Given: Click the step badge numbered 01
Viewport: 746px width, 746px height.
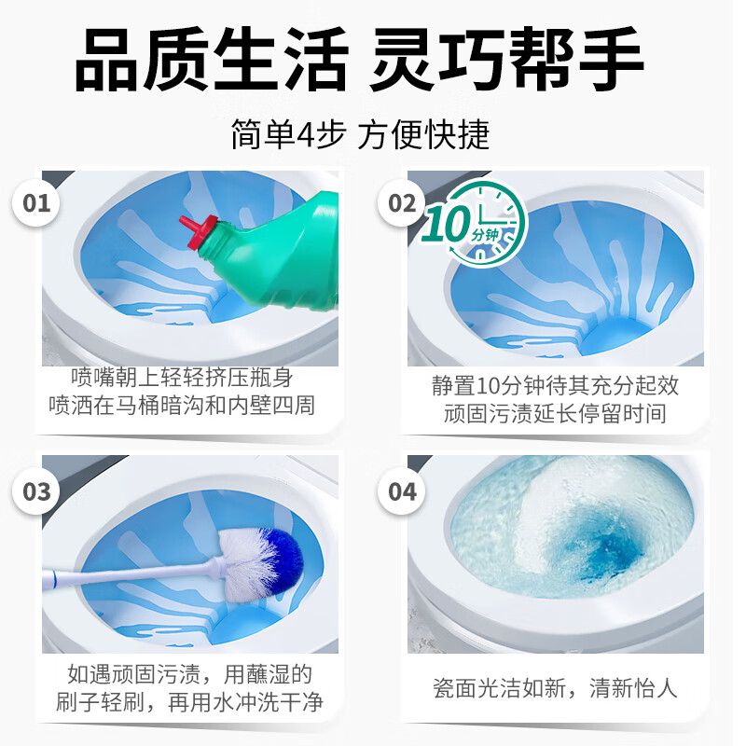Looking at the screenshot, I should pos(36,202).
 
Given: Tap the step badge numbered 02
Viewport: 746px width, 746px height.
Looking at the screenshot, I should pos(402,202).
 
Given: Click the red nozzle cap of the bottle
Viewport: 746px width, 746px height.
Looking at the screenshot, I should pos(199,229).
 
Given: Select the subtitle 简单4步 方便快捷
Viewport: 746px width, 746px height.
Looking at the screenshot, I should pos(360,135).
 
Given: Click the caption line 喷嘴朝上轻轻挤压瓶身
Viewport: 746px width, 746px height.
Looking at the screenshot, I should pos(182,378).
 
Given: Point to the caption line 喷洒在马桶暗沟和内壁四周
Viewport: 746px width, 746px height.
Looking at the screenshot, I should pos(182,405).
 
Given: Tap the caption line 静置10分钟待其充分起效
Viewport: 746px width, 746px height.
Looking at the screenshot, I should pos(555,386).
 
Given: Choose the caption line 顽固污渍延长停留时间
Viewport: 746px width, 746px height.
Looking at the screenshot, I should pos(555,413).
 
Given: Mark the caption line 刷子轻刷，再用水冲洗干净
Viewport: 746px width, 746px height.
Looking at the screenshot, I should pos(183,702).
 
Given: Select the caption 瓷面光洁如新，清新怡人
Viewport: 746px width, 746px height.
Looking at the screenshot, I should pos(555,689).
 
